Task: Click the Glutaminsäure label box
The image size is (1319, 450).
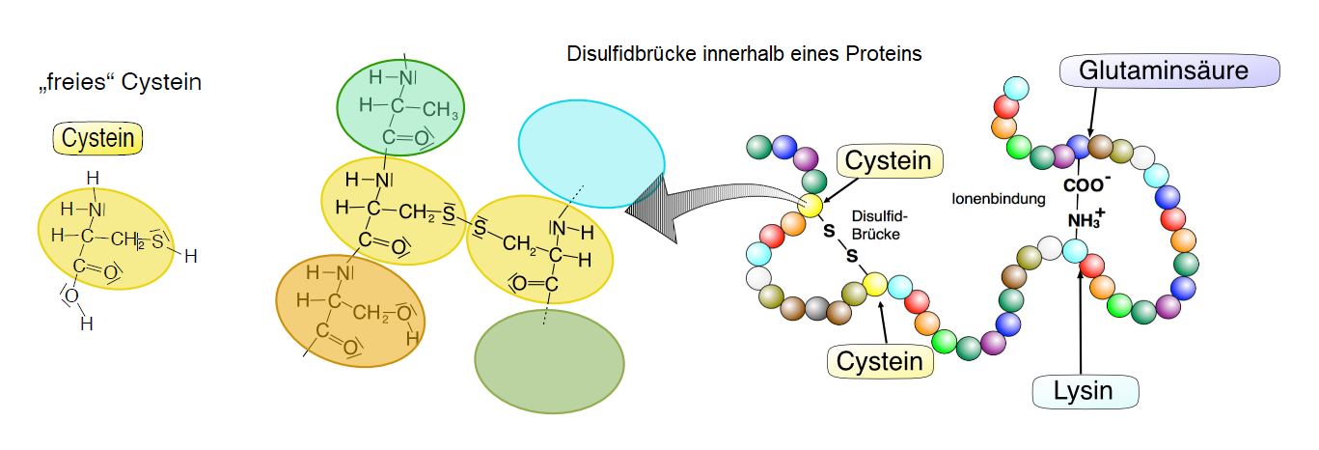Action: (1169, 70)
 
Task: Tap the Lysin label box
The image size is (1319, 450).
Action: (1085, 391)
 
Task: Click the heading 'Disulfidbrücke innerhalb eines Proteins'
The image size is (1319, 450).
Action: (744, 54)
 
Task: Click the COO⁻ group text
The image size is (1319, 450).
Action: (1085, 184)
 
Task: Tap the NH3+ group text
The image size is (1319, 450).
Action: (1085, 221)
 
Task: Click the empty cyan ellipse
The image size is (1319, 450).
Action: (591, 154)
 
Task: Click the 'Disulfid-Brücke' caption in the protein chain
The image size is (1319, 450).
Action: (877, 225)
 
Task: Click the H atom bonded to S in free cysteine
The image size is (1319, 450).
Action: (190, 256)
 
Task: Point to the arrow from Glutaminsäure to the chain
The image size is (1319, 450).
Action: (1089, 109)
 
